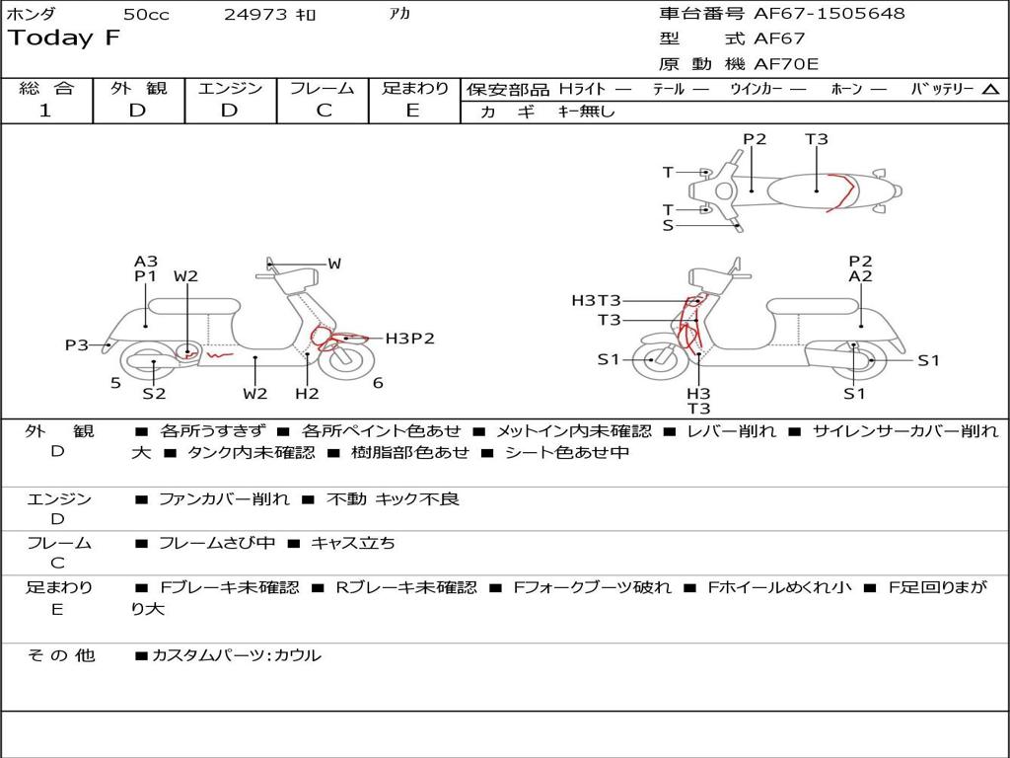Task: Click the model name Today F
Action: (64, 39)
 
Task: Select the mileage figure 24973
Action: (255, 15)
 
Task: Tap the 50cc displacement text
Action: (146, 15)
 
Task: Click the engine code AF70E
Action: (786, 65)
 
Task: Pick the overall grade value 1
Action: (45, 111)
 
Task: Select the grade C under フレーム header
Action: (324, 111)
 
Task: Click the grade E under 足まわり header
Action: (412, 111)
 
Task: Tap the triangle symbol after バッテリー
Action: (991, 90)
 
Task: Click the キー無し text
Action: (586, 112)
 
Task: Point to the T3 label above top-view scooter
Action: (817, 139)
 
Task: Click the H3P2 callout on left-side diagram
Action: (409, 339)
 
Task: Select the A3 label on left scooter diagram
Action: (146, 262)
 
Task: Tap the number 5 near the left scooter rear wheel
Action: (115, 383)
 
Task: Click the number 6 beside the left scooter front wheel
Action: (378, 383)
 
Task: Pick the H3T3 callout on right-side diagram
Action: (596, 301)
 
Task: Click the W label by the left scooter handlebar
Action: (334, 264)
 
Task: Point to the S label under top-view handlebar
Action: (668, 226)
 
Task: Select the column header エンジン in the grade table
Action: (230, 88)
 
